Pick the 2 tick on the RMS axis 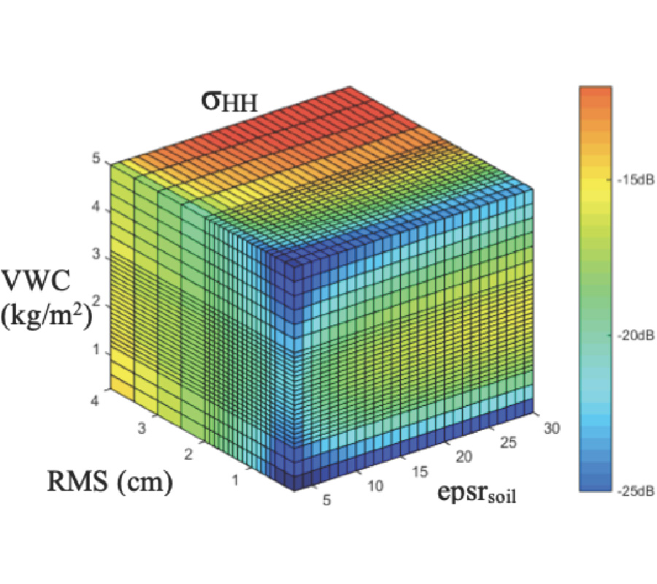[190, 456]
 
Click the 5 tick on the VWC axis [96, 159]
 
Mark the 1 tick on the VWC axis [96, 350]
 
